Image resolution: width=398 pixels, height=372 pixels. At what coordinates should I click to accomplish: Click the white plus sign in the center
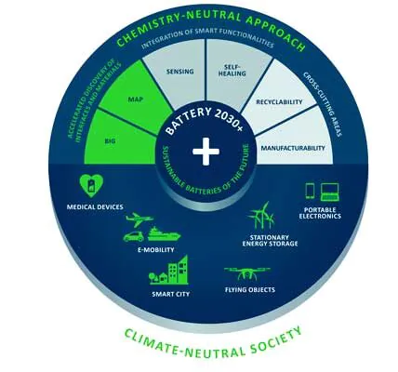coord(206,152)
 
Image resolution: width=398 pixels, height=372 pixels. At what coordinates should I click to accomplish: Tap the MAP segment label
coord(136,100)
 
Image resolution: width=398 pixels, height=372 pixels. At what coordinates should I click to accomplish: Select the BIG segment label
coord(110,141)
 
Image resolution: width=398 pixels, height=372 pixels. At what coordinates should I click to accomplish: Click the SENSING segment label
coord(179,72)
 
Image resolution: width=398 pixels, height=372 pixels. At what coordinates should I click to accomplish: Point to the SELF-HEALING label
coord(234,71)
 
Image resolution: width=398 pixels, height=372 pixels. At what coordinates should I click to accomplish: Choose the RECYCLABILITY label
coord(279,102)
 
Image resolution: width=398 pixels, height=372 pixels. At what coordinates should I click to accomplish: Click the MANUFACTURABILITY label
coord(293,148)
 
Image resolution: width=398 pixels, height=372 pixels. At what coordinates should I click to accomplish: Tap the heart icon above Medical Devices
coord(91,186)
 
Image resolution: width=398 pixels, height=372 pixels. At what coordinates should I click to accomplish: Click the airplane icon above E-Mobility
coord(139,219)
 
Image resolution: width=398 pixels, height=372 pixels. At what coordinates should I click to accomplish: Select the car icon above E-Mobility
coord(134,236)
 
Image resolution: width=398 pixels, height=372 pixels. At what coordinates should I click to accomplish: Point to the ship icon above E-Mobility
coord(164,234)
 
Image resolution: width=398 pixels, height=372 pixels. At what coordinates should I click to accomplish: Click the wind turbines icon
coord(261,216)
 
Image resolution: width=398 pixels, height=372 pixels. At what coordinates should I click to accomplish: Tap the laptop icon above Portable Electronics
coord(330,192)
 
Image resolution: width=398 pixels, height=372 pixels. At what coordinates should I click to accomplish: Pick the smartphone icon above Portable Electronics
coord(310,191)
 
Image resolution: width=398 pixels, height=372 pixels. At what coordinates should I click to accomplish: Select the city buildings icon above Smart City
coord(168,270)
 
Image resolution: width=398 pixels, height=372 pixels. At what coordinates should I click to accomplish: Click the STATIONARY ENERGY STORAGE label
coord(270,241)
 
